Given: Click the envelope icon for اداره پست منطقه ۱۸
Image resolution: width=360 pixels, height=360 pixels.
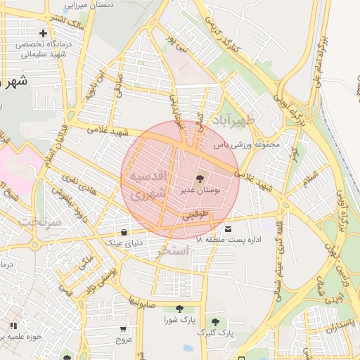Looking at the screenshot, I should (228, 229).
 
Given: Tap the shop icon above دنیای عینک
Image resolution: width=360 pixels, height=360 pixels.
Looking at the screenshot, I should (124, 232).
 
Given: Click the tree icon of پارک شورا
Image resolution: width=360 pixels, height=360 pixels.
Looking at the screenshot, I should (179, 309).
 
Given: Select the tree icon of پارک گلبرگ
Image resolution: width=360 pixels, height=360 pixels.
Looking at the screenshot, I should (215, 322).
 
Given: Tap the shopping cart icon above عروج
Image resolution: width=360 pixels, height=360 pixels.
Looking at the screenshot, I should (124, 328).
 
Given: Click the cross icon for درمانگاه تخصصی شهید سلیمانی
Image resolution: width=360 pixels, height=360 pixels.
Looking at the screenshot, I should (44, 33).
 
